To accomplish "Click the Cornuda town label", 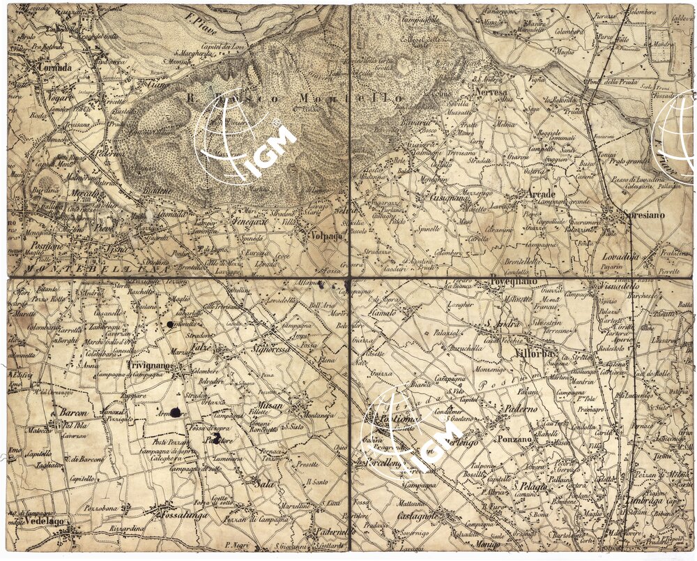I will point(56,68).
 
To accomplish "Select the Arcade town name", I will point(542,193).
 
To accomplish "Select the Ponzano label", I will point(515,440).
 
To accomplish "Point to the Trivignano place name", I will point(150,365).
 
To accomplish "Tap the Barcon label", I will point(72,412).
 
